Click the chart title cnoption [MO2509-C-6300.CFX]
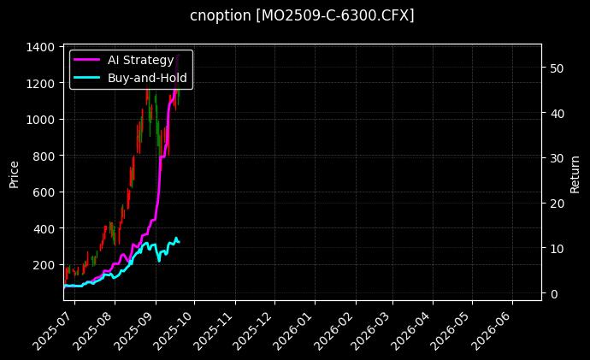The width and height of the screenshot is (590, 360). (302, 15)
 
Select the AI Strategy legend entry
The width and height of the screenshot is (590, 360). (141, 60)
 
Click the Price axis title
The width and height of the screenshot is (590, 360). (14, 172)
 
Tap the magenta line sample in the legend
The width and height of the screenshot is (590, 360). (88, 60)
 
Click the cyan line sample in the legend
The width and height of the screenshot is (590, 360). (88, 77)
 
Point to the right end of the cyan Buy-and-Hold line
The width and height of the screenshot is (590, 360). (179, 242)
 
